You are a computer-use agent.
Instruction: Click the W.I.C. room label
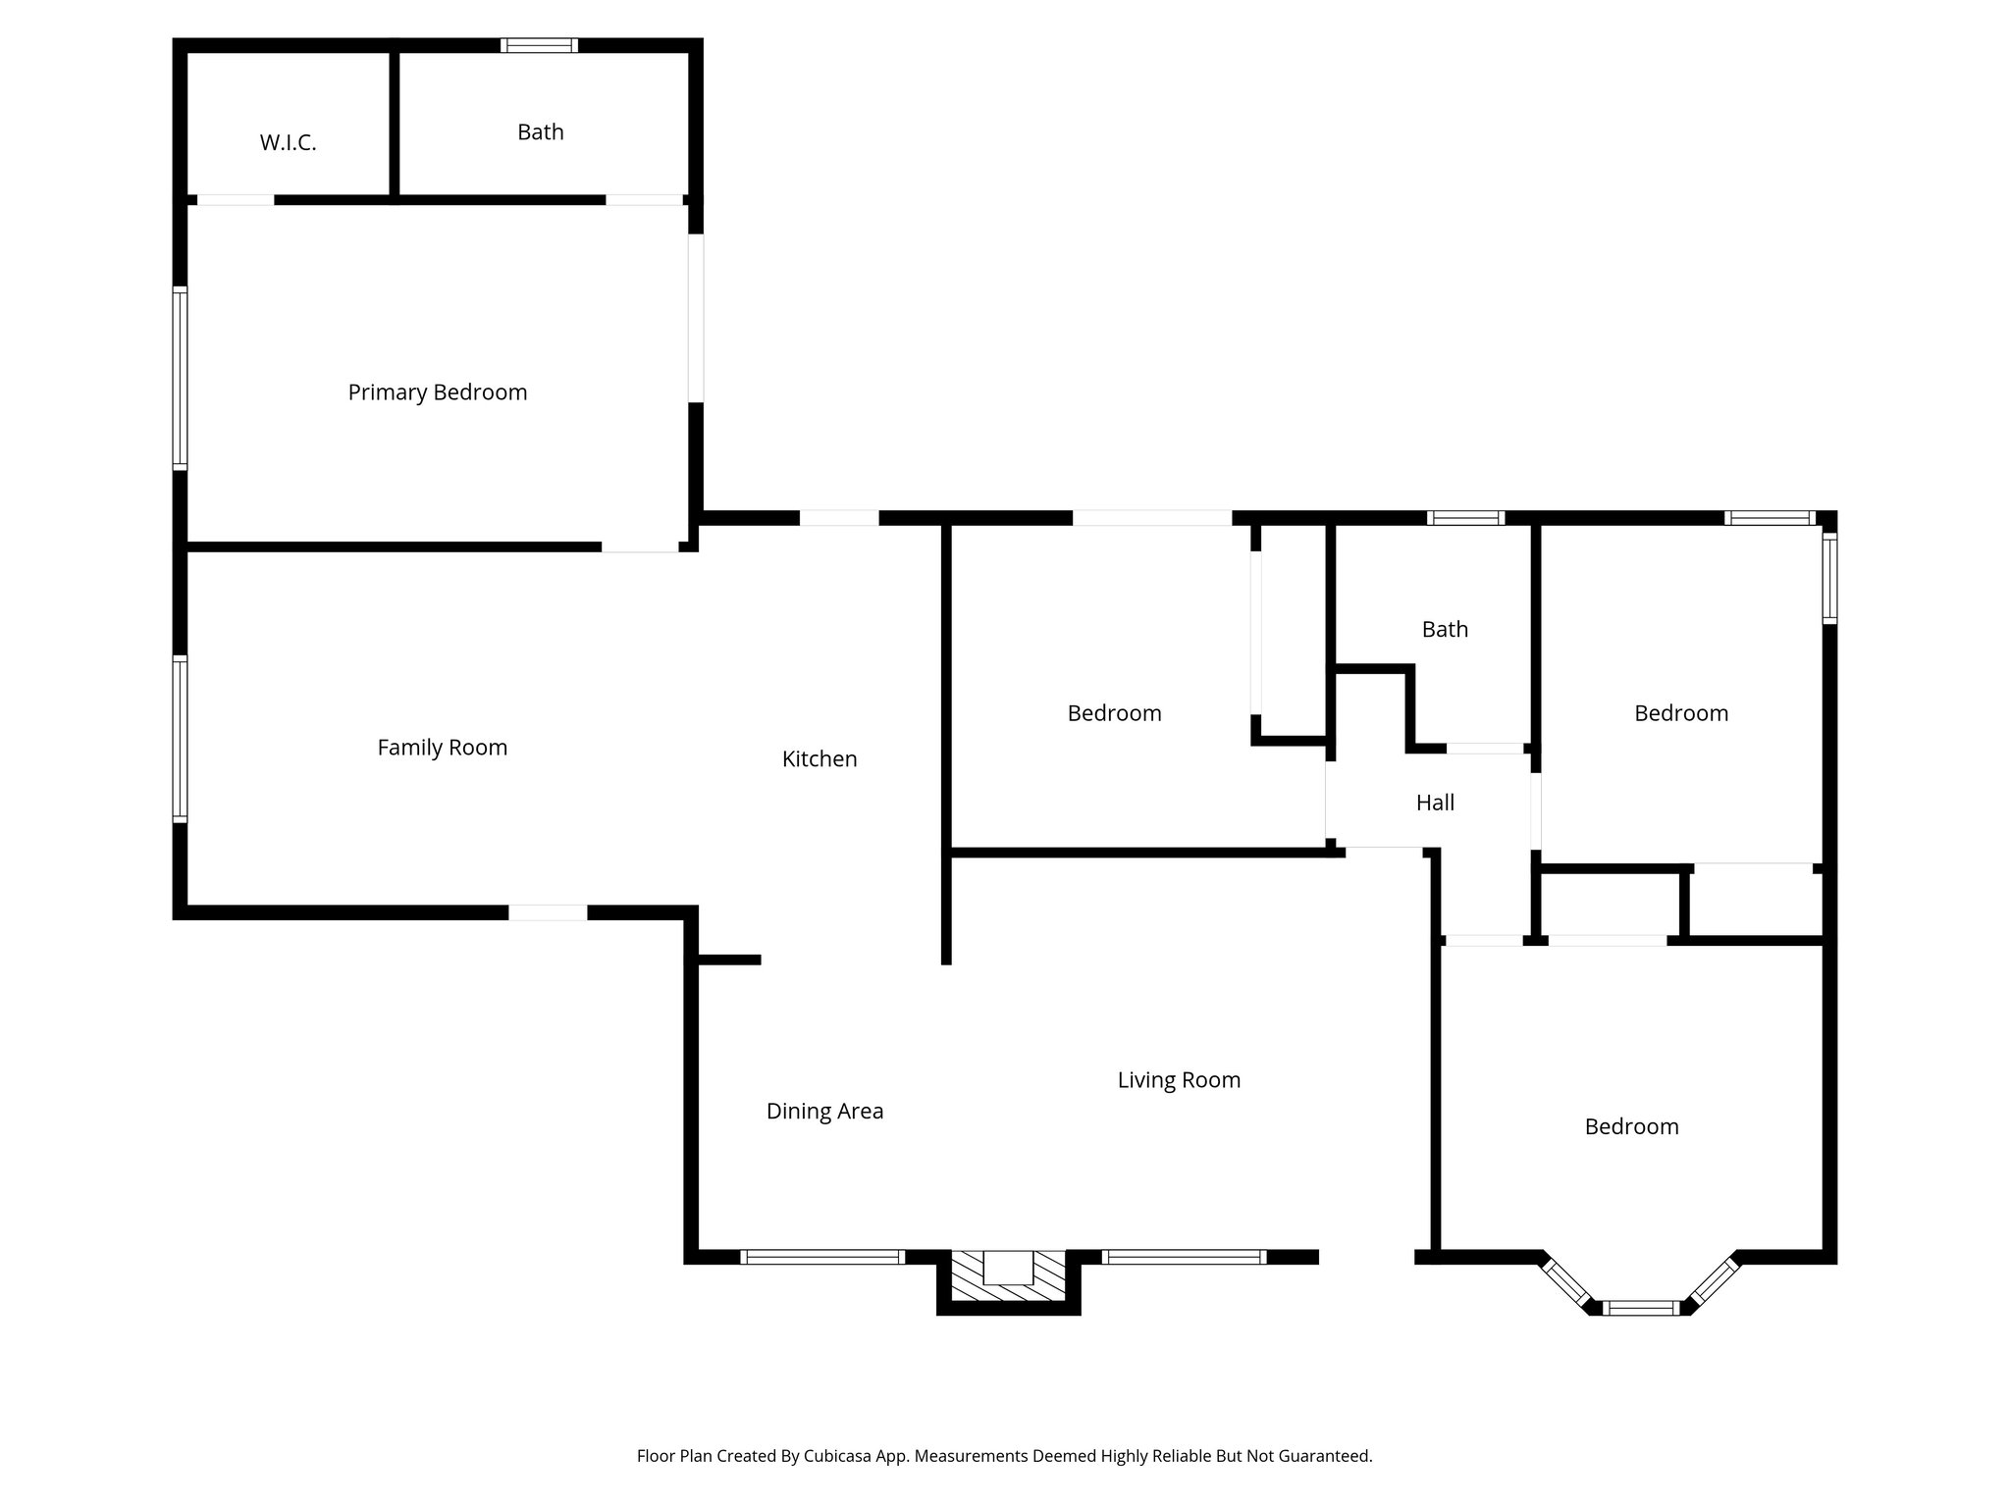pyautogui.click(x=288, y=143)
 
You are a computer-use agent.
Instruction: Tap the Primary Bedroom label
pyautogui.click(x=438, y=392)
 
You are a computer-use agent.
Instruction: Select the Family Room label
pyautogui.click(x=443, y=748)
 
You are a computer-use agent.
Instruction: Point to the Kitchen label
pyautogui.click(x=820, y=758)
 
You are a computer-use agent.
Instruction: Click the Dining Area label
pyautogui.click(x=824, y=1111)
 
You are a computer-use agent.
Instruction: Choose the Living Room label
pyautogui.click(x=1179, y=1080)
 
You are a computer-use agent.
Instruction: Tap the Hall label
pyautogui.click(x=1435, y=803)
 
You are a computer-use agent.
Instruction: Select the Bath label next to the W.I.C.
pyautogui.click(x=541, y=132)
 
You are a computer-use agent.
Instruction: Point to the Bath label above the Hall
pyautogui.click(x=1445, y=629)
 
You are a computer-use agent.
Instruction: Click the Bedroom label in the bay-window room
pyautogui.click(x=1631, y=1126)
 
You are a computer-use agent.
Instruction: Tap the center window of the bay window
pyautogui.click(x=1641, y=1307)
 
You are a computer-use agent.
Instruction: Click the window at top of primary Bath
pyautogui.click(x=539, y=45)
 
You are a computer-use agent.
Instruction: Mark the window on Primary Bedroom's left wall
pyautogui.click(x=181, y=378)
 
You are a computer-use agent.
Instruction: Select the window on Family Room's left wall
pyautogui.click(x=181, y=738)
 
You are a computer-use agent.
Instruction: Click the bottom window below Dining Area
pyautogui.click(x=822, y=1257)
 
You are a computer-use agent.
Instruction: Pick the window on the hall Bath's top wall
pyautogui.click(x=1465, y=518)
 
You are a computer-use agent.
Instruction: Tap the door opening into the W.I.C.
pyautogui.click(x=236, y=200)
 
